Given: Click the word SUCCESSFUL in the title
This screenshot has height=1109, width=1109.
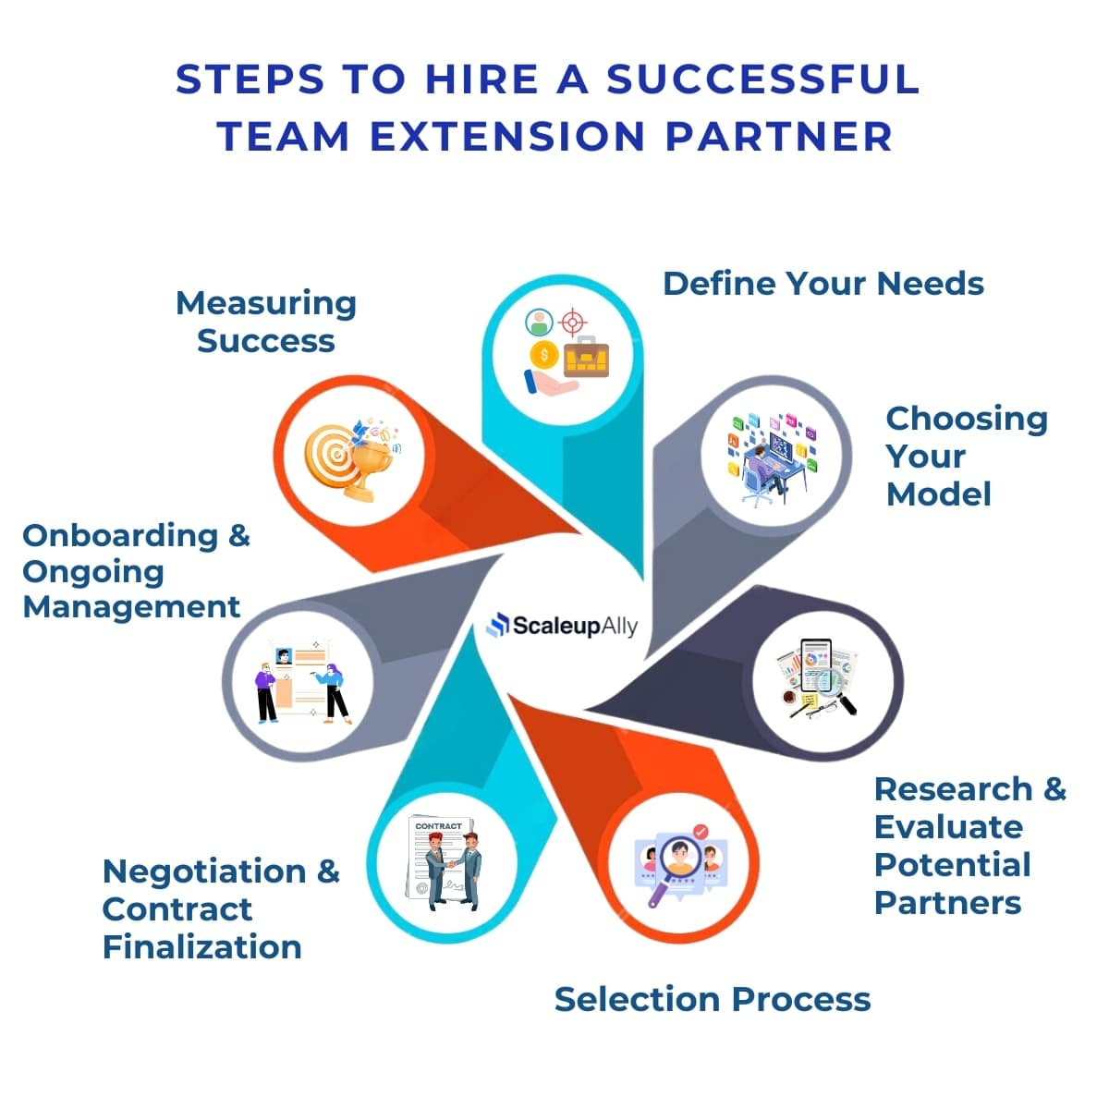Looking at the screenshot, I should (762, 79).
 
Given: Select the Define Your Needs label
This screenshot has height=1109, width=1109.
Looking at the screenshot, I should (823, 284).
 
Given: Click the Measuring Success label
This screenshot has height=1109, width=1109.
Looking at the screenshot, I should (266, 322).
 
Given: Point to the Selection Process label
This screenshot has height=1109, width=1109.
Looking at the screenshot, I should (712, 999).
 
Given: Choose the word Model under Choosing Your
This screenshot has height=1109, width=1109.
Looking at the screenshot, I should (938, 494).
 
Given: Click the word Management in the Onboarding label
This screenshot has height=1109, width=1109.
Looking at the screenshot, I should (131, 607).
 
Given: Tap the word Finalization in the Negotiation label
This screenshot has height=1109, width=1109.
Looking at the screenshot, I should (201, 947).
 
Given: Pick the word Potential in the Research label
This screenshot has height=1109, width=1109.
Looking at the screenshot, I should (952, 865).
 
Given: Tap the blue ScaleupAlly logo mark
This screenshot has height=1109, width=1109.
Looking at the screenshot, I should (498, 626).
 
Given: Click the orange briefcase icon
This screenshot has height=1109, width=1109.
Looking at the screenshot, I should (586, 357).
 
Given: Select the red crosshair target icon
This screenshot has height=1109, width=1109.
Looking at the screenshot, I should (573, 323).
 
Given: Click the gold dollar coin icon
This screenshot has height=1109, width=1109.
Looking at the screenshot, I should (544, 355).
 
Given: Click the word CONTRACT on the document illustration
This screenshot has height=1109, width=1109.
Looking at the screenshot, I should (438, 825).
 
